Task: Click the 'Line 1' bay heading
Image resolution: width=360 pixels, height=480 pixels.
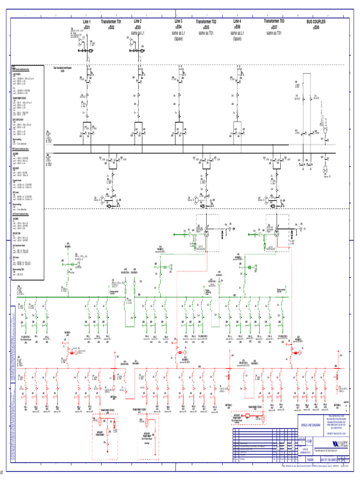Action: (87, 22)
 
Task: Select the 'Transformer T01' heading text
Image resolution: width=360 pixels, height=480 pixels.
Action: (112, 22)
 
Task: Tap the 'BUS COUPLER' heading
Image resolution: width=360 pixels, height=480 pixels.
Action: (316, 22)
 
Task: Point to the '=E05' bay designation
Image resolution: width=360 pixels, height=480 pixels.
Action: (206, 28)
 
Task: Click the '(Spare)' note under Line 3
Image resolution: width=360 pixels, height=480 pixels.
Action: (179, 39)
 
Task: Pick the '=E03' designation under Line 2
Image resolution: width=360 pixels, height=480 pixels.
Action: (137, 27)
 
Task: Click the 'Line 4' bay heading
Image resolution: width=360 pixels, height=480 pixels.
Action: (237, 22)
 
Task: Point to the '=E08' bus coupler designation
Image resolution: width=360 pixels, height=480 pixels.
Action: (316, 28)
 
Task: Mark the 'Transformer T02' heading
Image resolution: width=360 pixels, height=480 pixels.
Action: (206, 22)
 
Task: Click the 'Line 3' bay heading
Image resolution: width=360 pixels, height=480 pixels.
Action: (179, 22)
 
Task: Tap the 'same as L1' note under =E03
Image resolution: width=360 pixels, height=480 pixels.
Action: (137, 33)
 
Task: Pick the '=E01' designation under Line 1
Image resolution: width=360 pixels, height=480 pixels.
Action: (87, 28)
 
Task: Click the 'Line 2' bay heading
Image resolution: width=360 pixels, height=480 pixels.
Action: (137, 22)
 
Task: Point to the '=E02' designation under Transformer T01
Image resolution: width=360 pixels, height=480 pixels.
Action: (112, 28)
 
